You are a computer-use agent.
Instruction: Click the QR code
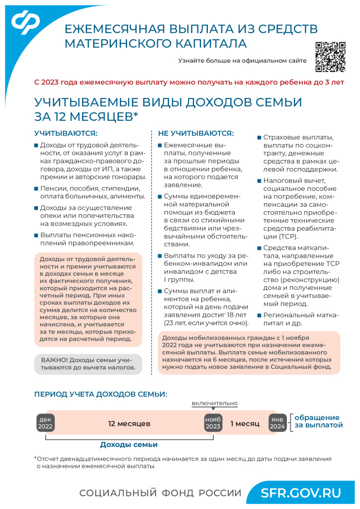coord(330,56)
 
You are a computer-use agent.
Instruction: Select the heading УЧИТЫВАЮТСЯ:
coord(66,133)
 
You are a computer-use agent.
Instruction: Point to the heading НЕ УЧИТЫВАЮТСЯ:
coord(195,133)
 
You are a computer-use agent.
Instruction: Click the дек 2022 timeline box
coord(45,424)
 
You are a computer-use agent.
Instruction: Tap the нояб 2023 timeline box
coord(213,424)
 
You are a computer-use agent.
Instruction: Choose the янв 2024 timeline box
coord(277,424)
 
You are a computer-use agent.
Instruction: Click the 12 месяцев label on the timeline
coord(129,424)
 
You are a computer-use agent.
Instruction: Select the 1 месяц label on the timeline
coord(245,424)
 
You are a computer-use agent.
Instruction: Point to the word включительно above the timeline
coord(215,403)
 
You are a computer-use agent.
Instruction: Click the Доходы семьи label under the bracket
coord(129,444)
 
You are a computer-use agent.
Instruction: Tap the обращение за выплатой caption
coord(318,422)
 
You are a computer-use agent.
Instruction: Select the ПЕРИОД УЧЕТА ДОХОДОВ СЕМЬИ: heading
coord(100,394)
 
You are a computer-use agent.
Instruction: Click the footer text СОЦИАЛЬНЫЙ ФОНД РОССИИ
coord(160,493)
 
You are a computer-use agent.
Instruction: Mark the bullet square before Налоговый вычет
coord(259,180)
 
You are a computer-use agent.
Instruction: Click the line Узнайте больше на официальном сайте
coord(242,61)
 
